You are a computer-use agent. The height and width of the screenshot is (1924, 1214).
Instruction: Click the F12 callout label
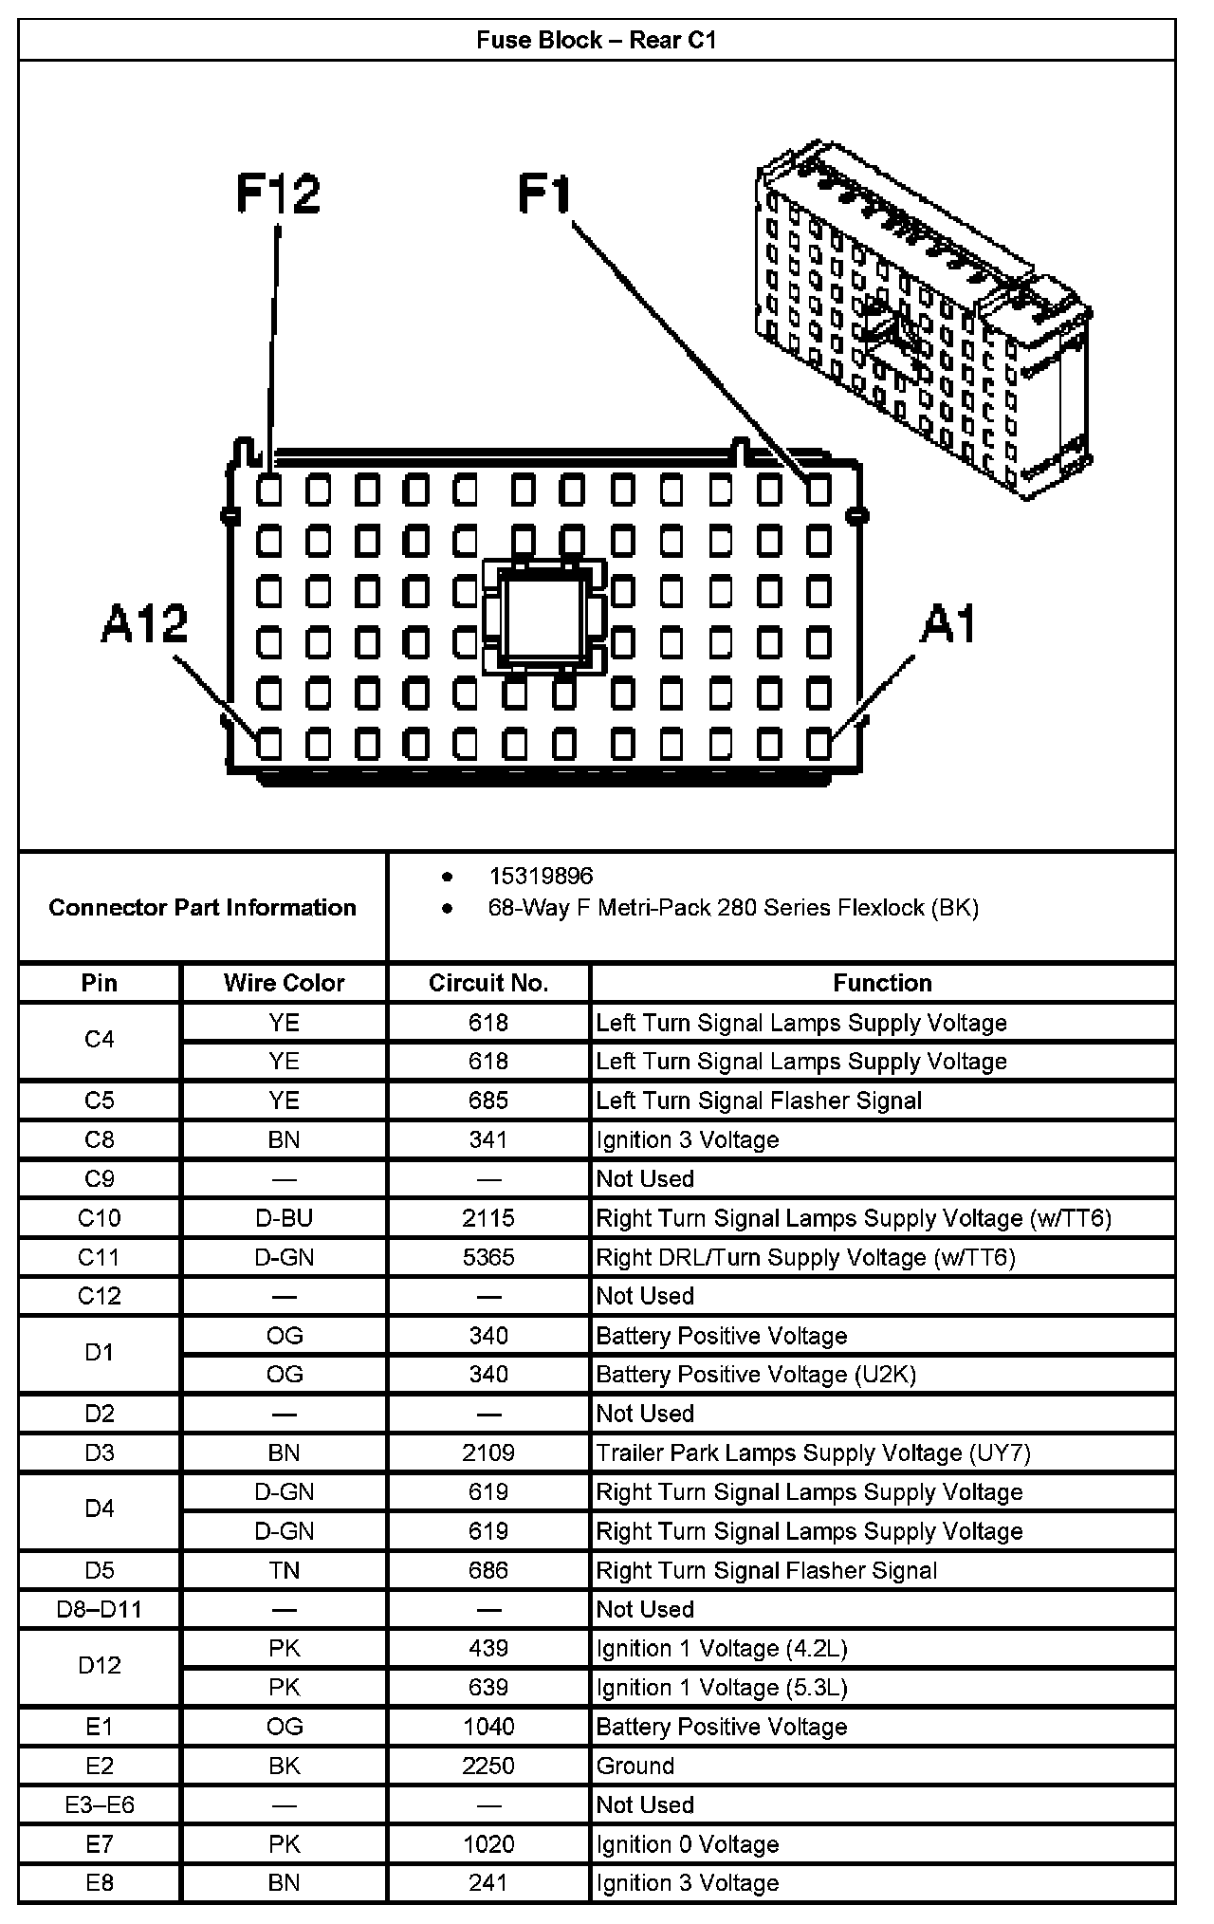pos(279,194)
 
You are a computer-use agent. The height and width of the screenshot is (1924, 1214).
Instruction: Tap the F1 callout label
pos(545,194)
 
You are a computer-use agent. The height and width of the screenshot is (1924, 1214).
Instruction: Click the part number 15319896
pos(541,876)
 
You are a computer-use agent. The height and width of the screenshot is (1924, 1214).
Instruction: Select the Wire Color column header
pos(284,983)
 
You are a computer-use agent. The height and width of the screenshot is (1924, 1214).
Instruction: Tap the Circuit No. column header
pos(488,983)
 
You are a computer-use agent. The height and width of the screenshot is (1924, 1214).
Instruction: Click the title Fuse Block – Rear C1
pos(597,40)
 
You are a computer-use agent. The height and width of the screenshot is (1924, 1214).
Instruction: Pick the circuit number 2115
pos(488,1218)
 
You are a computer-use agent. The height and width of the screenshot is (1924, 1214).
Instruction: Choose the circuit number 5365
pos(488,1257)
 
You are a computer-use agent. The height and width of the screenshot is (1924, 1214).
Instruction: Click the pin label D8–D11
pos(100,1609)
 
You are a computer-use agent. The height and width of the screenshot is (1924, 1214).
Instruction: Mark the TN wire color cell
pos(284,1570)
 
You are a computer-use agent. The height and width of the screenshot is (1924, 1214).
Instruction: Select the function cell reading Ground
pos(635,1766)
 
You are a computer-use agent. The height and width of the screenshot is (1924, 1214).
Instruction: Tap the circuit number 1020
pos(488,1844)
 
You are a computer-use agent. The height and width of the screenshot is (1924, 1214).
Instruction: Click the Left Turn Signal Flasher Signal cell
pos(759,1101)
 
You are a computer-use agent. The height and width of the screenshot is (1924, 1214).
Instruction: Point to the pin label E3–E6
pos(100,1804)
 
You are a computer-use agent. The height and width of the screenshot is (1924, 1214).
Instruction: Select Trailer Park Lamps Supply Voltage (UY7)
pos(813,1452)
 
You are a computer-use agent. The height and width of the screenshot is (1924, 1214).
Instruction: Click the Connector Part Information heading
pos(202,908)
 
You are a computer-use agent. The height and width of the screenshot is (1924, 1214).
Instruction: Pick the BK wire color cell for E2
pos(284,1766)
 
